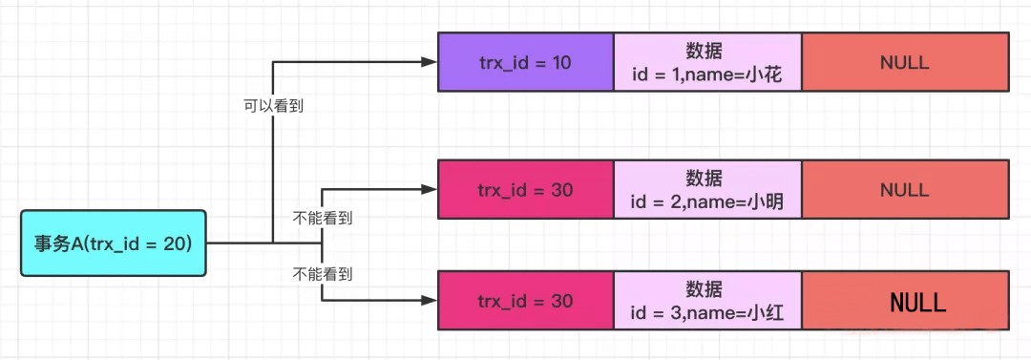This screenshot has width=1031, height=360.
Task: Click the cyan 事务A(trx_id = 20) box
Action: tap(113, 244)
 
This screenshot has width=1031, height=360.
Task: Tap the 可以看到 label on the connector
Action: tap(273, 107)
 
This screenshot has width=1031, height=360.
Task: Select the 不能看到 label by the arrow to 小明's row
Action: tap(322, 218)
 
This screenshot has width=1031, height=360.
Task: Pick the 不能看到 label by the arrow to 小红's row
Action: tap(322, 274)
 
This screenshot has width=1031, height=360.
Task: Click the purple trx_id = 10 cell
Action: tap(525, 62)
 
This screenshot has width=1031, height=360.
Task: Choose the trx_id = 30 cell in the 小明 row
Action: tap(525, 190)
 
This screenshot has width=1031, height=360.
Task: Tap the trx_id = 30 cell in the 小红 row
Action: tap(525, 301)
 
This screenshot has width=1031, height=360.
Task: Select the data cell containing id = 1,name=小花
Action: tap(706, 62)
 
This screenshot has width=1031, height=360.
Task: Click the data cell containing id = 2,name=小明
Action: tap(706, 190)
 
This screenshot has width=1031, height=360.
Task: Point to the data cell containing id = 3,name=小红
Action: tap(706, 301)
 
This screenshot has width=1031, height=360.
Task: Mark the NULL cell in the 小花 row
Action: tap(904, 62)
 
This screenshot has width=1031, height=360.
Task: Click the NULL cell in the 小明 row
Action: tap(904, 190)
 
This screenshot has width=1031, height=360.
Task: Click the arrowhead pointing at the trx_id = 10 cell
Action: tap(430, 62)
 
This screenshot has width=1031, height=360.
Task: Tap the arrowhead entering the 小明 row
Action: tap(430, 190)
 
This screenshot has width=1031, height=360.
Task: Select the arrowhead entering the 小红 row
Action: tap(430, 300)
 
